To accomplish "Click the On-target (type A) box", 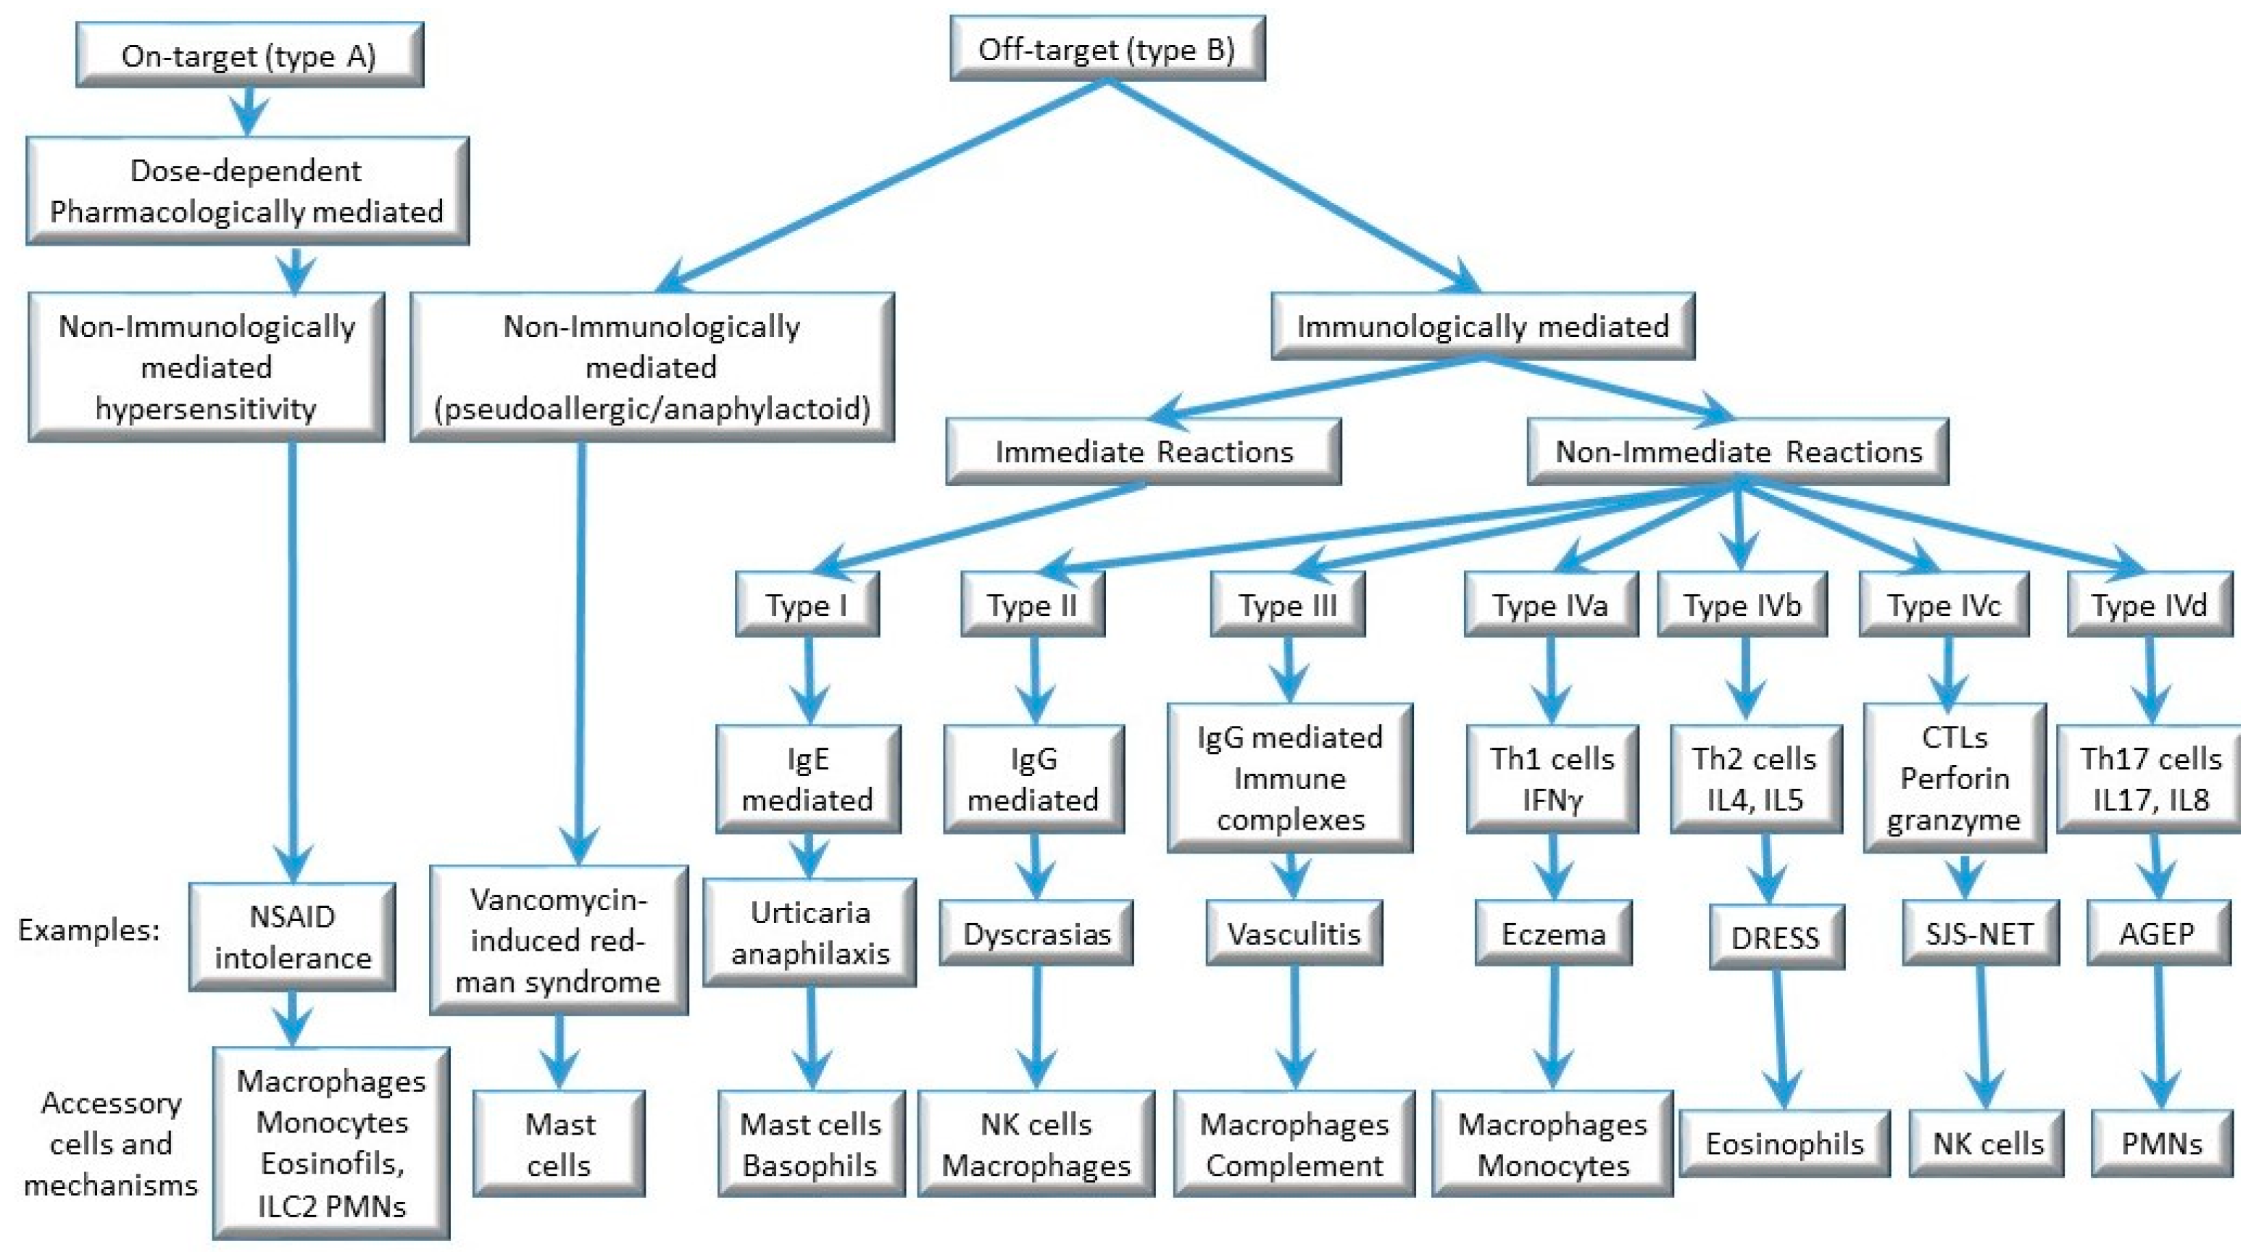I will point(250,55).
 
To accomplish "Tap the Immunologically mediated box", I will point(1482,326).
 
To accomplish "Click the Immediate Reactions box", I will point(1143,451).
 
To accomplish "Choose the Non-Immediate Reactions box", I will point(1737,451).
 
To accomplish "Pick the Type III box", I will point(1287,604).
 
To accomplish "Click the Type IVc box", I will point(1944,604).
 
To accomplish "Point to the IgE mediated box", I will point(807,778).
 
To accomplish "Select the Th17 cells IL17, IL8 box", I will point(2150,778).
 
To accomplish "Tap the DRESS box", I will point(1776,938).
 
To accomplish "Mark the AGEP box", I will point(2157,934).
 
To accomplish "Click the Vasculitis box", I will point(1294,934).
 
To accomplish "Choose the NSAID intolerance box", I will point(292,937).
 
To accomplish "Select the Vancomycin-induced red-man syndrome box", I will point(557,940).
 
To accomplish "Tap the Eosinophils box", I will point(1784,1143).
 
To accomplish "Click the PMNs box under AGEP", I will point(2162,1143).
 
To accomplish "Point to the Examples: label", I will point(89,930).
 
